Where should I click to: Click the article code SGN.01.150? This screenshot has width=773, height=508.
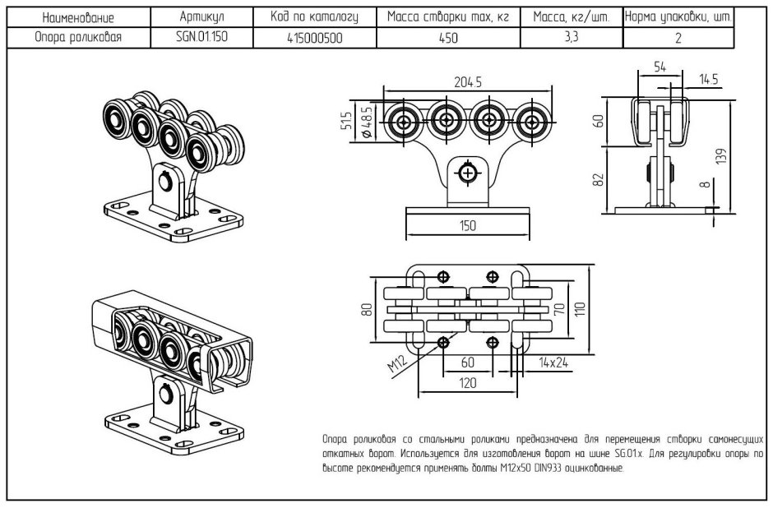[201, 37]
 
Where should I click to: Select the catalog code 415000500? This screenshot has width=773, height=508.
[314, 38]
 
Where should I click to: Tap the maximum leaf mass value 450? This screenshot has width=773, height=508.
[448, 38]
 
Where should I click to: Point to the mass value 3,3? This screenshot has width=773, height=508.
[572, 37]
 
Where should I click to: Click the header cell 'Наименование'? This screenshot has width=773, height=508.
[78, 18]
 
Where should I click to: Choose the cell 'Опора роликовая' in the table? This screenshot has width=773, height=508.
[78, 37]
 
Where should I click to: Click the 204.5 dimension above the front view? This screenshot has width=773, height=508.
[467, 82]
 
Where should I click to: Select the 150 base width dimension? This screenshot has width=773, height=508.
[467, 226]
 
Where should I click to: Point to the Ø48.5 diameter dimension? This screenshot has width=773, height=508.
[367, 122]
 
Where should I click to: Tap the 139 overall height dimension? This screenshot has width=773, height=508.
[721, 156]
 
